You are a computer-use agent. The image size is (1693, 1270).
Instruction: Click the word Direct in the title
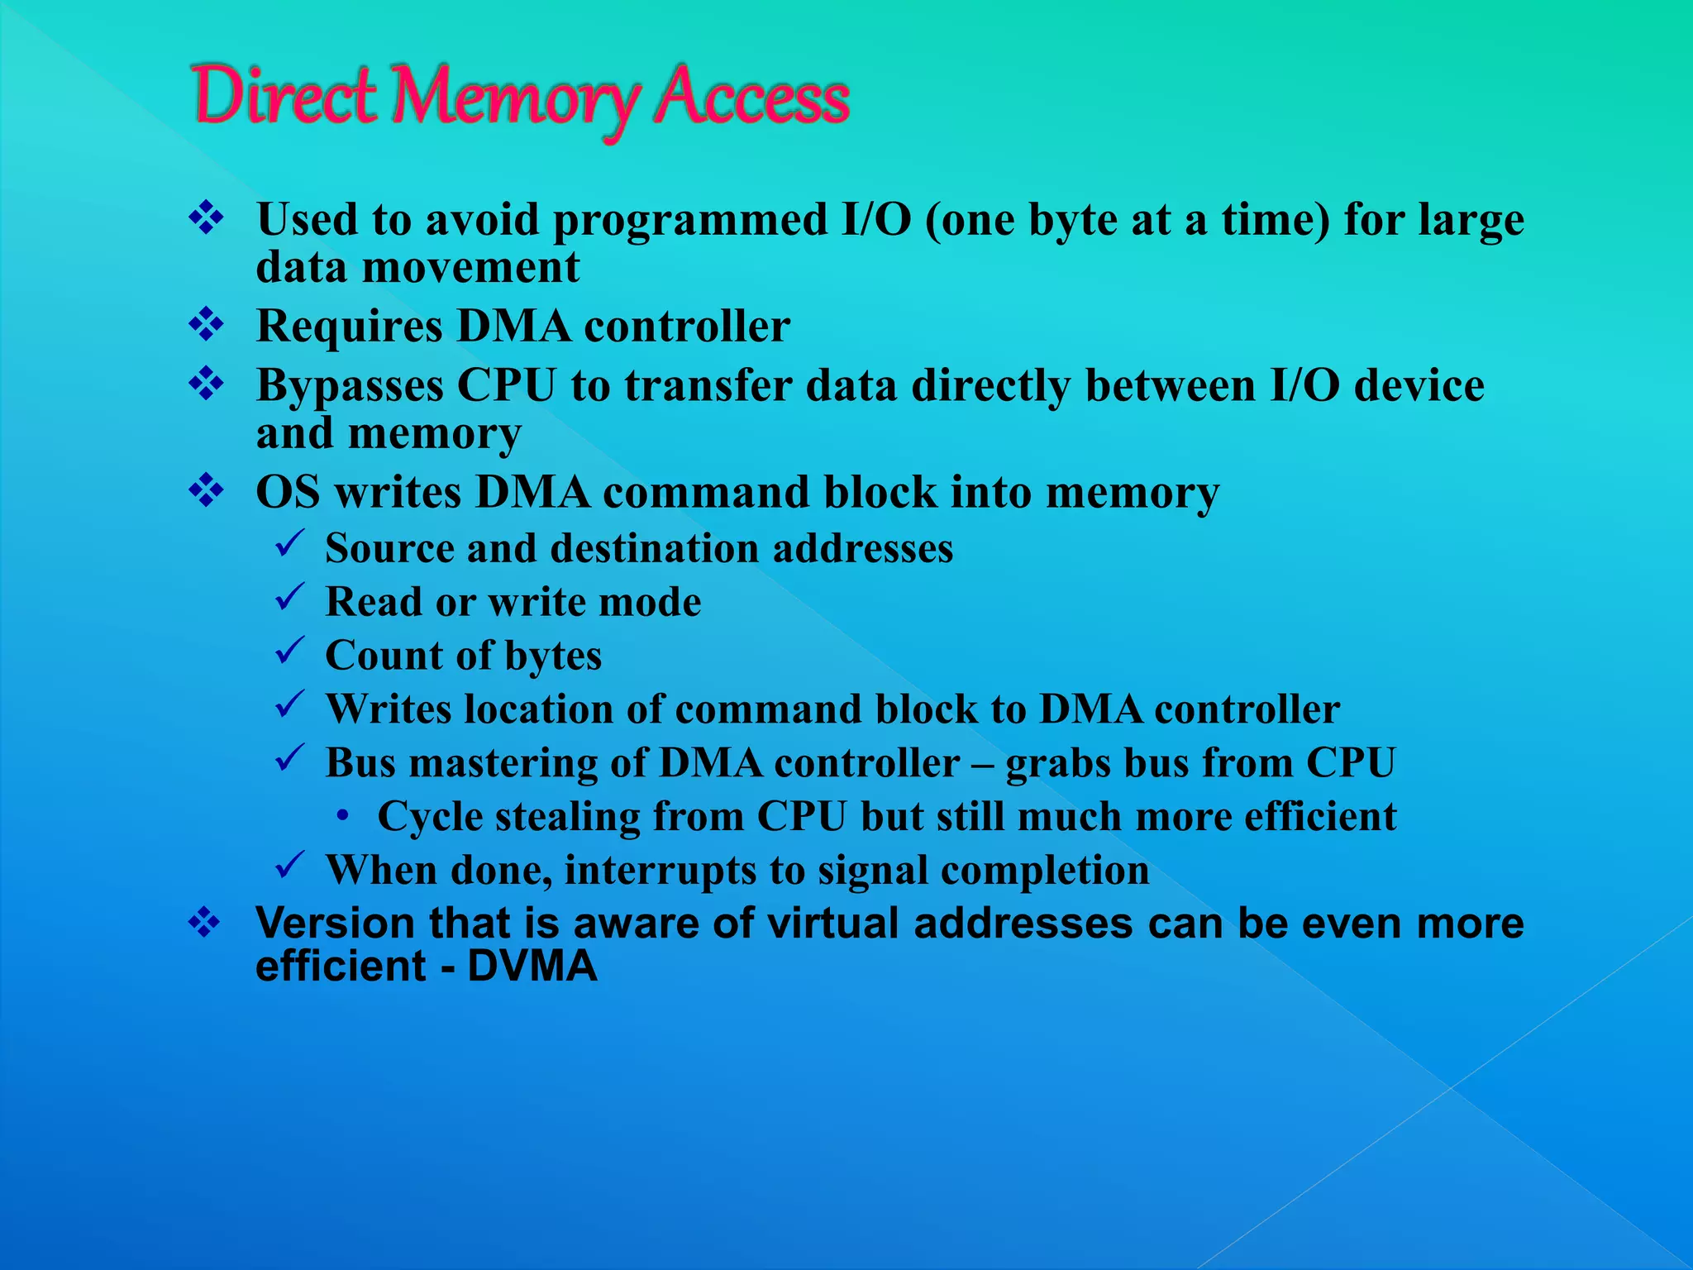pyautogui.click(x=284, y=98)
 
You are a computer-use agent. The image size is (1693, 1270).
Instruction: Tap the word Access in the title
pyautogui.click(x=753, y=98)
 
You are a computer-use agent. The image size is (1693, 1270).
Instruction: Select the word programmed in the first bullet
pyautogui.click(x=690, y=221)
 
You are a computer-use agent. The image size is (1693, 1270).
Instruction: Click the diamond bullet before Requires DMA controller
pyautogui.click(x=206, y=325)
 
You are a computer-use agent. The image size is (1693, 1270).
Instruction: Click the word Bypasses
pyautogui.click(x=350, y=387)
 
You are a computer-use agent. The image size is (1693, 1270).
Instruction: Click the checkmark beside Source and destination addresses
pyautogui.click(x=291, y=546)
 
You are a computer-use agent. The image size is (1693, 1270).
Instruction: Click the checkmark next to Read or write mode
pyautogui.click(x=291, y=599)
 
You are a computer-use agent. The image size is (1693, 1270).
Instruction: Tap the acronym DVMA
pyautogui.click(x=532, y=967)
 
